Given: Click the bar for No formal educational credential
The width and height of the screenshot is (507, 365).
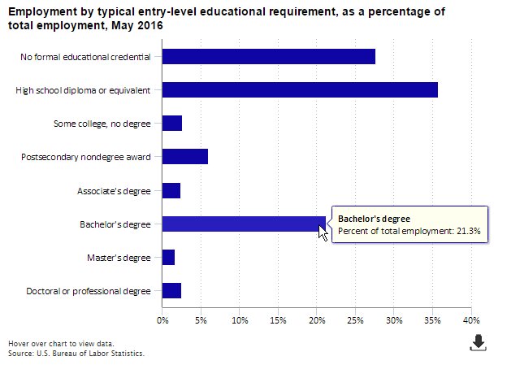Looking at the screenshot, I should point(268,56).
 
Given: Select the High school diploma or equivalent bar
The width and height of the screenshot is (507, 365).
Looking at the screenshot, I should point(300,89).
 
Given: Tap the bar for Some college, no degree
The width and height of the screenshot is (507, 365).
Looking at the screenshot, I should point(172,124).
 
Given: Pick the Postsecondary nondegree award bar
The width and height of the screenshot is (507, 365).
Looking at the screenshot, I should point(185,157).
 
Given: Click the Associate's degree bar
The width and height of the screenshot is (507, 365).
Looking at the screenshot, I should point(171,190).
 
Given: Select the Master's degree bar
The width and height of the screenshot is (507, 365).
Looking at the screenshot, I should point(168,258).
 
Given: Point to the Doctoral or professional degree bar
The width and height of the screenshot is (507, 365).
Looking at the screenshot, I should point(171,291).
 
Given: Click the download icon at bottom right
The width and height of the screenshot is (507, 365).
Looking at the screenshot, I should point(479,343).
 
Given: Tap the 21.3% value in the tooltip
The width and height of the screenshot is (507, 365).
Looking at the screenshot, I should point(469,232).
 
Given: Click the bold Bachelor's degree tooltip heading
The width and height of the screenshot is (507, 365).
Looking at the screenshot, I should point(374,219).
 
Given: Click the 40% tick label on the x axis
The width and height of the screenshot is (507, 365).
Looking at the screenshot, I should point(471,321).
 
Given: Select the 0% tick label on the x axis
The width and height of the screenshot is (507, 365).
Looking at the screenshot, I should point(162,321).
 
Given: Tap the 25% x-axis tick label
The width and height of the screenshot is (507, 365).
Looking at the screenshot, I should point(355,321).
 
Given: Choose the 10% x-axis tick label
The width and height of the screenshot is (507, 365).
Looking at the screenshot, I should point(240,321).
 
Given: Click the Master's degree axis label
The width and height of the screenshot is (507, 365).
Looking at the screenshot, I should point(119,258).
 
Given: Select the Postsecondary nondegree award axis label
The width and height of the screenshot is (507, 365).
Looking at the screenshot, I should point(86,157).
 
